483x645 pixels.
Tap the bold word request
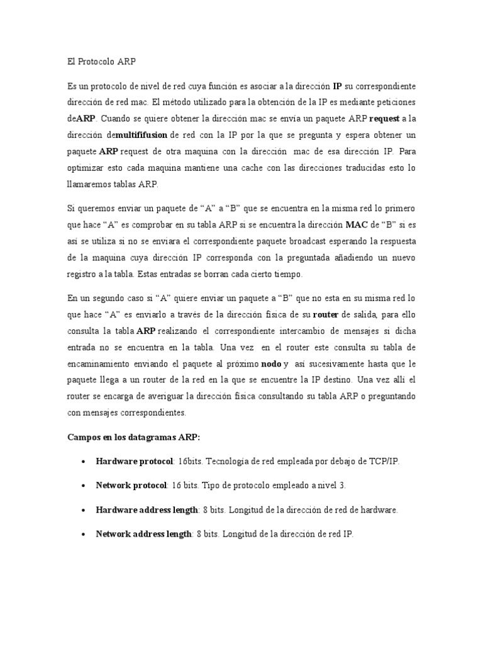[x=384, y=118]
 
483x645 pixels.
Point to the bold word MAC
[x=356, y=224]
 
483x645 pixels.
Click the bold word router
[x=325, y=314]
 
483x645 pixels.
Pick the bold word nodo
[x=271, y=363]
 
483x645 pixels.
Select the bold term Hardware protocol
[x=134, y=461]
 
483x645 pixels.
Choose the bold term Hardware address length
[x=147, y=510]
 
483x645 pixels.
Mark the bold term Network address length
[x=143, y=534]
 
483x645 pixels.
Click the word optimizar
[x=87, y=168]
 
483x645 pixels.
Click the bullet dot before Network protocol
[x=84, y=486]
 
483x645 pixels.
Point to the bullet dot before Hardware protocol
[x=84, y=462]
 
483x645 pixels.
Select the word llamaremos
[x=91, y=185]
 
